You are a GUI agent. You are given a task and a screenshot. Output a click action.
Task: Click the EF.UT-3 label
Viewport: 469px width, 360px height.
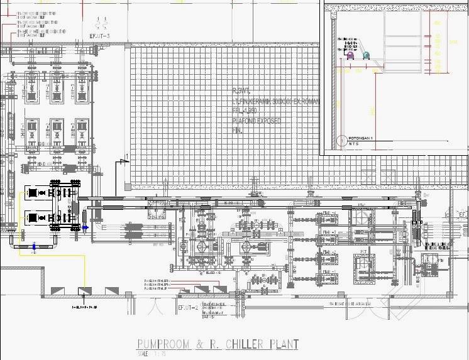(x=100, y=36)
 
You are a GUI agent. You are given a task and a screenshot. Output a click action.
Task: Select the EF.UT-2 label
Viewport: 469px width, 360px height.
(x=188, y=307)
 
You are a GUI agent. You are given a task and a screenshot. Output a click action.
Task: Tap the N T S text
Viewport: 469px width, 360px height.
(x=355, y=143)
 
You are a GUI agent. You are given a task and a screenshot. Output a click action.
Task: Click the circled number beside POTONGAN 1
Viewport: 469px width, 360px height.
(x=341, y=139)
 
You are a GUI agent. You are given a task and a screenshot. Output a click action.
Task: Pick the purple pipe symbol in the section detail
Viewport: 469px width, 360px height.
(x=350, y=56)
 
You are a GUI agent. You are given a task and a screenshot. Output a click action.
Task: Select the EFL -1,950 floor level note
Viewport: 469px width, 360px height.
(x=245, y=111)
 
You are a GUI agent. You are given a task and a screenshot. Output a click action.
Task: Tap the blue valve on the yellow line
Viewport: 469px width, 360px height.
(x=33, y=247)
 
